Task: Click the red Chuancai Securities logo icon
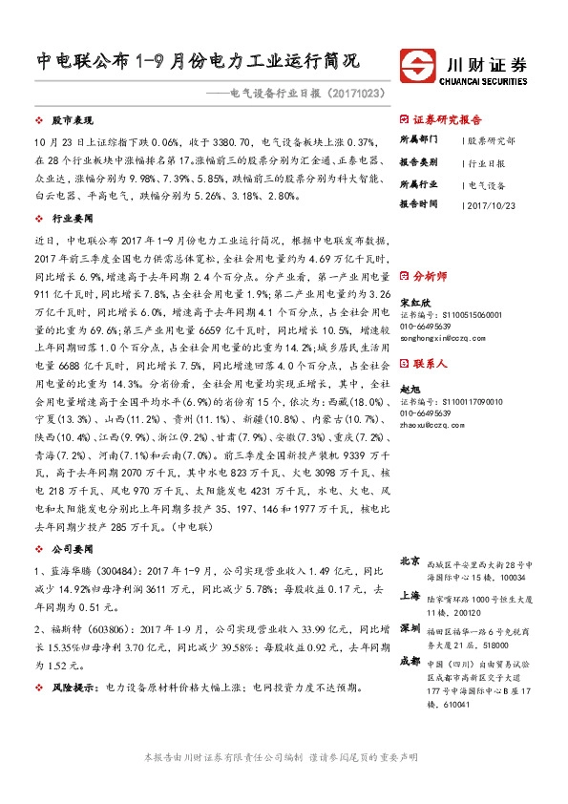(x=419, y=70)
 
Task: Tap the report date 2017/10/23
(x=491, y=203)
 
